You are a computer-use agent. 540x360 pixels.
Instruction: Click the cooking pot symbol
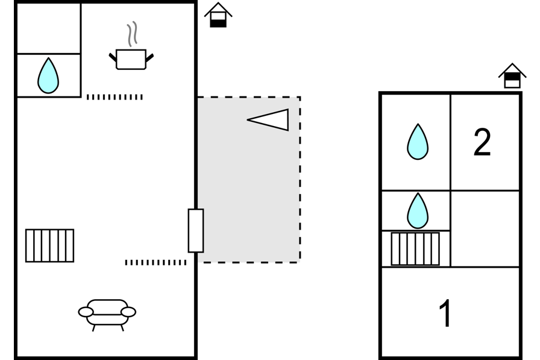click(131, 59)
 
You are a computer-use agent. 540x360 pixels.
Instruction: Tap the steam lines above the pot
click(132, 34)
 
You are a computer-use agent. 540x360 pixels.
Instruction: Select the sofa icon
click(107, 313)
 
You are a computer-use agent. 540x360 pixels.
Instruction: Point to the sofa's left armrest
click(86, 312)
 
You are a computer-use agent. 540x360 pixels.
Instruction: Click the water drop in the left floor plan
click(48, 75)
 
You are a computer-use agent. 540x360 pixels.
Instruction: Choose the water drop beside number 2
click(417, 142)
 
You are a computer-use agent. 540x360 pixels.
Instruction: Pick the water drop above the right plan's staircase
click(417, 210)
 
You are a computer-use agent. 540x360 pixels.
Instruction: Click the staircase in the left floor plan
click(49, 245)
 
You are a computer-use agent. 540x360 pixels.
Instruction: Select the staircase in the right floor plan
click(415, 248)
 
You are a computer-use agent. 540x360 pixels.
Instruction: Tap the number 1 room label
click(445, 314)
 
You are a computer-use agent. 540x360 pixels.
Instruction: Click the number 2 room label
click(482, 143)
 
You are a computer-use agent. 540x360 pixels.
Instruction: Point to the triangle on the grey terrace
click(269, 119)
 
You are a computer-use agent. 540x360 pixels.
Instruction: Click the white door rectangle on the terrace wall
click(196, 230)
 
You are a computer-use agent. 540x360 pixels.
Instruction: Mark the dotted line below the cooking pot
click(115, 97)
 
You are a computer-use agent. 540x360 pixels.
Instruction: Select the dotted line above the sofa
click(155, 262)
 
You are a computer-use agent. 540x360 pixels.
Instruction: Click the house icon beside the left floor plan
click(218, 15)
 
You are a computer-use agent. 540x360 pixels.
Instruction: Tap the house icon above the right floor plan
click(512, 76)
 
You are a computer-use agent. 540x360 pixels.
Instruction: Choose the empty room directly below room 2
click(485, 229)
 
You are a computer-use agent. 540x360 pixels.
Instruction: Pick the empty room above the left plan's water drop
click(48, 28)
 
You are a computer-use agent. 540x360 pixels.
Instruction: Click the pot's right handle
click(149, 57)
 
